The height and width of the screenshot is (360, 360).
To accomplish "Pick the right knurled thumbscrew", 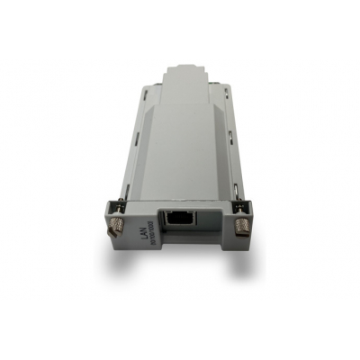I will point(241,227).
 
